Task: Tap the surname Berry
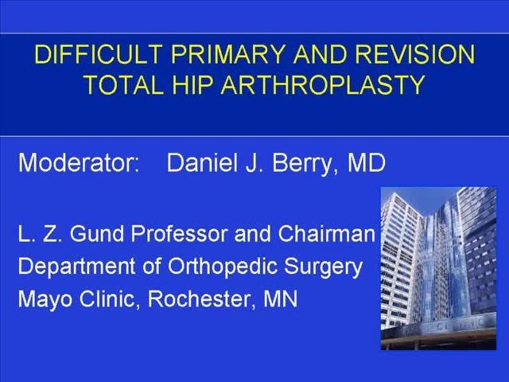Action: pyautogui.click(x=307, y=164)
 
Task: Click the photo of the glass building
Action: pyautogui.click(x=438, y=267)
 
